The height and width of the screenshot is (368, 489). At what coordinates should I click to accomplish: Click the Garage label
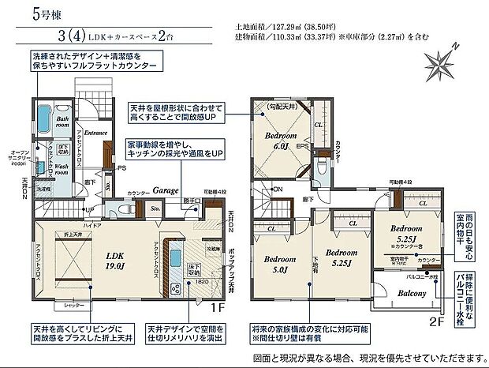(x=164, y=190)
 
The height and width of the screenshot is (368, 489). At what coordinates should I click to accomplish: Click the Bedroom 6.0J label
(x=280, y=140)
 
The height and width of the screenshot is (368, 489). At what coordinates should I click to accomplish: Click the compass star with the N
(x=442, y=62)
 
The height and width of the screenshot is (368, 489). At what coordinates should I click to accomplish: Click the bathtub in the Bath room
(x=54, y=123)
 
